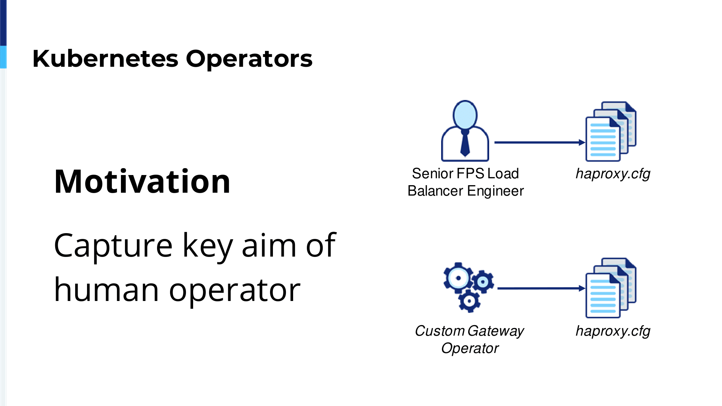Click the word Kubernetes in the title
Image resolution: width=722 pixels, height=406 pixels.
(x=105, y=58)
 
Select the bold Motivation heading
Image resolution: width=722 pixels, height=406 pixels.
(x=142, y=182)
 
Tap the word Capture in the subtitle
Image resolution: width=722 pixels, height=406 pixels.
(x=113, y=246)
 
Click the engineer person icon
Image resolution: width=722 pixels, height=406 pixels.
(x=465, y=131)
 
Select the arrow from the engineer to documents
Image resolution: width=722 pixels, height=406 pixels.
(x=540, y=143)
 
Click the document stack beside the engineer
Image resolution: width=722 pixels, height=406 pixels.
(x=611, y=131)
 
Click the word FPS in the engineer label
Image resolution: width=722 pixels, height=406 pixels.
(x=470, y=174)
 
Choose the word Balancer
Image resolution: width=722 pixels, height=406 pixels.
(x=435, y=191)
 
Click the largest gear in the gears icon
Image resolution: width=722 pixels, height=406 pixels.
(x=458, y=278)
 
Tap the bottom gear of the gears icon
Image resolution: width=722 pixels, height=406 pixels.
(x=469, y=301)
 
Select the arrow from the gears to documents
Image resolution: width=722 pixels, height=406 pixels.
(x=541, y=288)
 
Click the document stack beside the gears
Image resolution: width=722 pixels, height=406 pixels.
(x=611, y=288)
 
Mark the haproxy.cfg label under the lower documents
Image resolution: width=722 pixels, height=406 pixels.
(x=613, y=331)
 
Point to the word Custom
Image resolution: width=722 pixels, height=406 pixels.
(x=440, y=331)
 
